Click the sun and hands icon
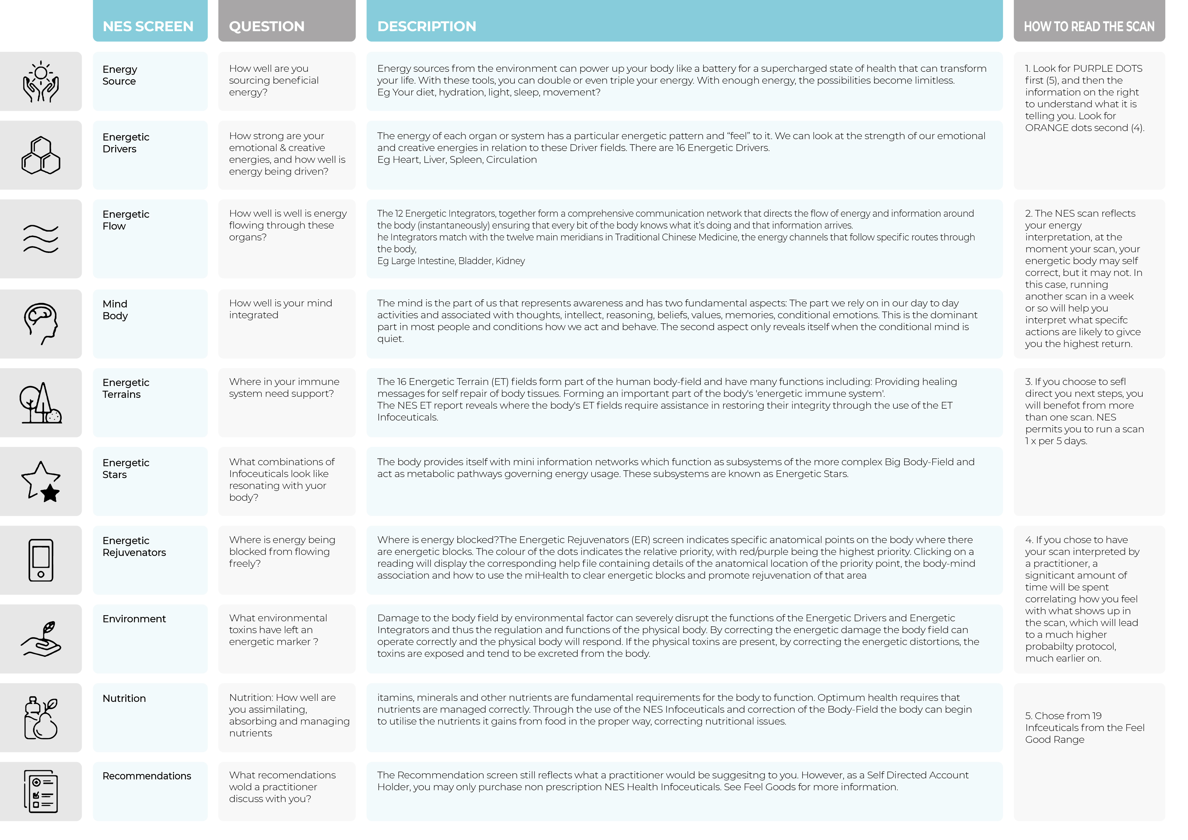(x=41, y=82)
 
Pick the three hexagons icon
(x=41, y=155)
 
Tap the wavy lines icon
(x=41, y=239)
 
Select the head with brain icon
(x=41, y=323)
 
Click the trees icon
(x=41, y=403)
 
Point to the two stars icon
(x=41, y=481)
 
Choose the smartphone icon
(x=41, y=560)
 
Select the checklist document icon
(x=41, y=791)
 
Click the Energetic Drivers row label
(x=126, y=143)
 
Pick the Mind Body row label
(x=115, y=310)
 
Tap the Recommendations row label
(x=146, y=776)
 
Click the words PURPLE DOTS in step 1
(x=1108, y=69)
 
